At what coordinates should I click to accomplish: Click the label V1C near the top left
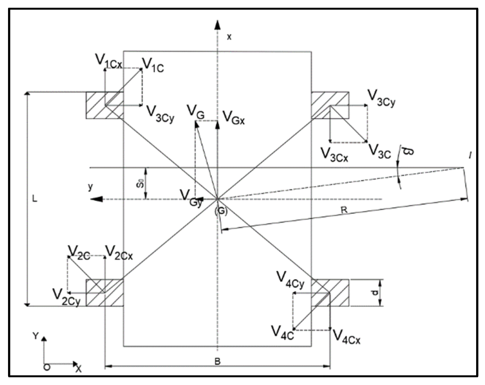point(153,66)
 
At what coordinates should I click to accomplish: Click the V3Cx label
point(334,155)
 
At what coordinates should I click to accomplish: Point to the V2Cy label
point(66,297)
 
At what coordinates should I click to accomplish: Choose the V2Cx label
point(119,253)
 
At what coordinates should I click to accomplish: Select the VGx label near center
point(234,118)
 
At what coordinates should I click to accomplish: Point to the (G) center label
point(221,211)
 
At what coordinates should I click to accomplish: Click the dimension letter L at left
point(34,199)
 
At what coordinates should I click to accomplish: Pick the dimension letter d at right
point(375,293)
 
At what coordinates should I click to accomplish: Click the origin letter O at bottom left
point(47,367)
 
